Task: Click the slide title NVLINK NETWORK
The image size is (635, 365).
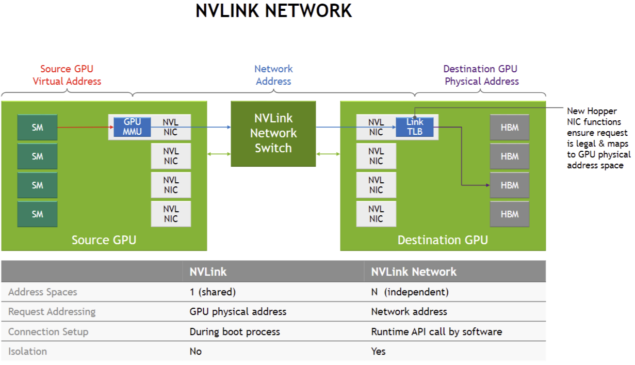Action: click(x=273, y=11)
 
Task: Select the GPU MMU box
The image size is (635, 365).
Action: click(x=132, y=127)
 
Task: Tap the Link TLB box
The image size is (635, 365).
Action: click(x=414, y=127)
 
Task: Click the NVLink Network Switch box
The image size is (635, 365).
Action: click(x=273, y=134)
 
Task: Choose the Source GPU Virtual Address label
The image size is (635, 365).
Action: click(x=67, y=75)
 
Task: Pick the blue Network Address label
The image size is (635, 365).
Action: click(x=273, y=75)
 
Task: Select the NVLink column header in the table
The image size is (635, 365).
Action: click(x=208, y=272)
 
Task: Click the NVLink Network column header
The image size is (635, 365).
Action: click(x=414, y=272)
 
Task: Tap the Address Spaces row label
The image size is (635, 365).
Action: click(x=43, y=292)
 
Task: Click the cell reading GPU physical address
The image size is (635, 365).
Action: click(x=238, y=312)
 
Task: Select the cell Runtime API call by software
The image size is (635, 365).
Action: click(x=436, y=331)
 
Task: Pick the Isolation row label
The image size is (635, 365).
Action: click(x=27, y=352)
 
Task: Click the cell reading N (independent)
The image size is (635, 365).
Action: click(x=410, y=292)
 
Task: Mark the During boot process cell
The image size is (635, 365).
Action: click(x=235, y=331)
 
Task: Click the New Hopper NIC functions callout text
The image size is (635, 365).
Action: click(x=598, y=138)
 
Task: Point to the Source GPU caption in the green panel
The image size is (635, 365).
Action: click(x=104, y=240)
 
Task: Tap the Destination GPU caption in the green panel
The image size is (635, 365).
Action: click(x=443, y=240)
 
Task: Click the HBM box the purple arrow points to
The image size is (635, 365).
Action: click(x=509, y=185)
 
